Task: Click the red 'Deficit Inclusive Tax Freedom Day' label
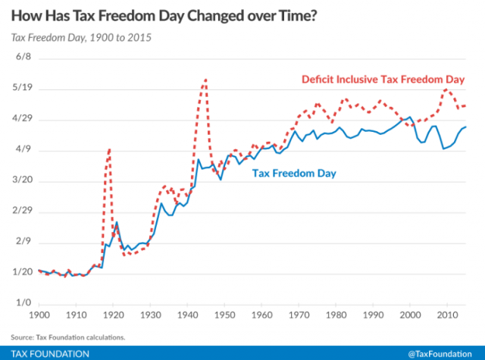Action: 382,79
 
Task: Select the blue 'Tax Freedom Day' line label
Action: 293,174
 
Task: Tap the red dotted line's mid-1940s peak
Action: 205,79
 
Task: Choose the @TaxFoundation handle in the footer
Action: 443,354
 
